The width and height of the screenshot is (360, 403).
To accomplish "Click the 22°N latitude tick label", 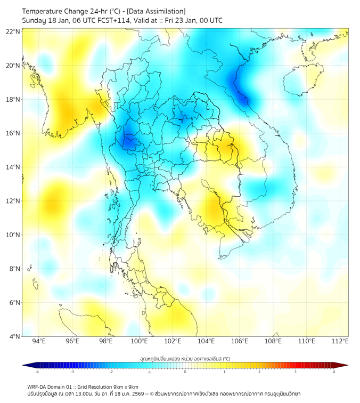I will [x=13, y=31].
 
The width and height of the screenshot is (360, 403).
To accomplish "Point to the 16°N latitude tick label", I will [x=13, y=133].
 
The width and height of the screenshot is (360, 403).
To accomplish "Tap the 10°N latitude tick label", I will [x=13, y=235].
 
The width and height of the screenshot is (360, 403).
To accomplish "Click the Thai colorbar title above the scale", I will [x=185, y=359].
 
